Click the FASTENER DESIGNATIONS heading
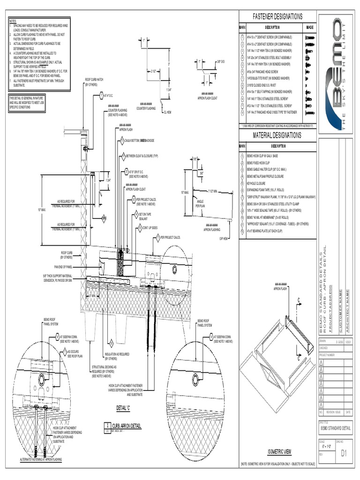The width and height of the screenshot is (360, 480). pos(277,17)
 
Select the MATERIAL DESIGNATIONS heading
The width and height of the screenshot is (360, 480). pos(277,135)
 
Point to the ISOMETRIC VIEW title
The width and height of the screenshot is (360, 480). pos(279,451)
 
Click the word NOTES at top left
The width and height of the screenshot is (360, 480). pos(13,22)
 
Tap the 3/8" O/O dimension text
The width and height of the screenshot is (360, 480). pos(220,61)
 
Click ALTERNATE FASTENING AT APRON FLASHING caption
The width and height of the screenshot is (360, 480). pos(41,459)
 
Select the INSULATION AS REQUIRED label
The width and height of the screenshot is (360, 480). pos(117,356)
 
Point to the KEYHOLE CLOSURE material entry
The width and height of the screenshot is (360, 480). pos(256,184)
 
